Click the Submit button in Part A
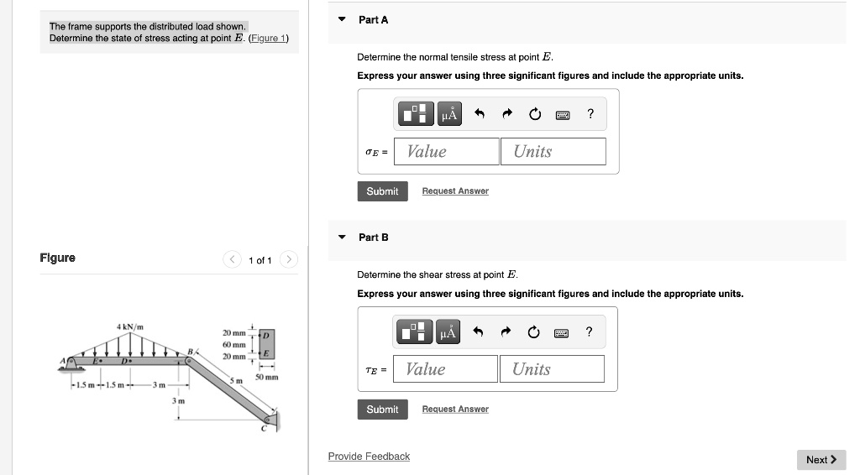click(x=382, y=191)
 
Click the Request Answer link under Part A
click(x=454, y=191)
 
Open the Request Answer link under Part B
click(x=454, y=410)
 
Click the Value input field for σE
click(x=447, y=151)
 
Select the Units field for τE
click(x=552, y=369)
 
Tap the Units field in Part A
click(x=553, y=151)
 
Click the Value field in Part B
click(x=445, y=369)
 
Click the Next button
click(x=821, y=459)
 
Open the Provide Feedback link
click(x=369, y=457)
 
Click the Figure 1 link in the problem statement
click(x=269, y=38)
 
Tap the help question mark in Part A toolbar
click(x=590, y=114)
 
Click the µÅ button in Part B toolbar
click(x=448, y=333)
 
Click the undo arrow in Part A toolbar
click(x=480, y=114)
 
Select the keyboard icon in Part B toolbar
click(x=562, y=333)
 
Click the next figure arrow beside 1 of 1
click(x=288, y=260)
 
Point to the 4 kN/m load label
click(x=130, y=326)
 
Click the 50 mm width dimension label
click(x=266, y=378)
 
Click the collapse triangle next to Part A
click(x=342, y=19)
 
